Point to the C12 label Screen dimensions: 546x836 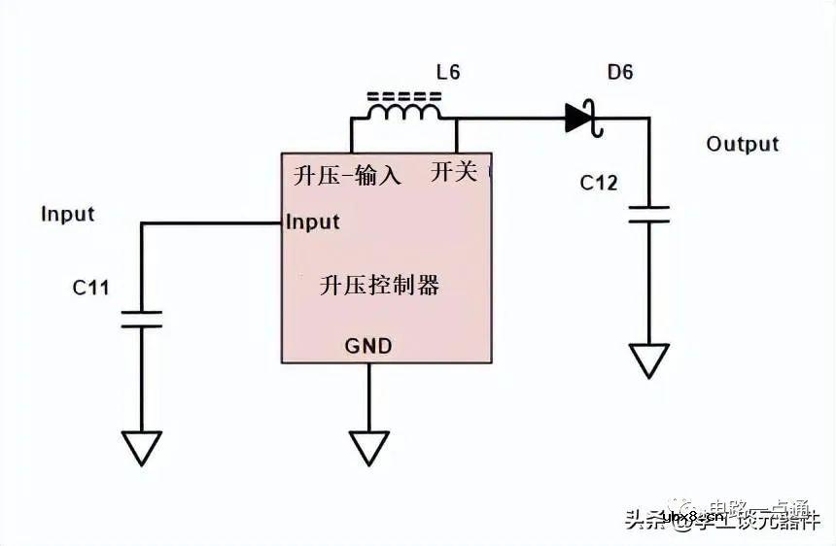599,182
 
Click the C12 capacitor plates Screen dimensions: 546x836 648,214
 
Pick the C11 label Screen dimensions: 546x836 90,288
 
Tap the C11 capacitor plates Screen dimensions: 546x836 141,320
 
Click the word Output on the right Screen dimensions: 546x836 743,144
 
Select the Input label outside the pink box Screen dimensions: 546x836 67,214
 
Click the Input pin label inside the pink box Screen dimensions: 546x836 313,222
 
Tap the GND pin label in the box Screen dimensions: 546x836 368,346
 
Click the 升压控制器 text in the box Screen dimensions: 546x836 379,285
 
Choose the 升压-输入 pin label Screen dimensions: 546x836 347,176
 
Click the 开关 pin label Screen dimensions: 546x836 454,173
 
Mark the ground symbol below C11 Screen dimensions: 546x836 141,448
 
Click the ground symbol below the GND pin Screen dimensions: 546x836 368,448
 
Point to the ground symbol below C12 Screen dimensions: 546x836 648,360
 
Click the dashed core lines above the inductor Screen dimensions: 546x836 402,96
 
